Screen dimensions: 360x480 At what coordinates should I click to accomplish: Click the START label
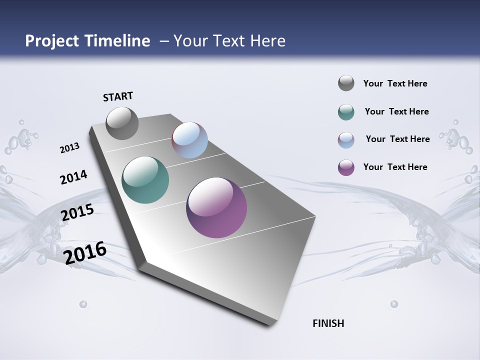pos(118,96)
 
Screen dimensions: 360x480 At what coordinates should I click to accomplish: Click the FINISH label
pos(328,323)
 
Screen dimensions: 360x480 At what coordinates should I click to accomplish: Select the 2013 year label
pos(69,148)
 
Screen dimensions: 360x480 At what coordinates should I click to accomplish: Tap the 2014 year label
pos(73,177)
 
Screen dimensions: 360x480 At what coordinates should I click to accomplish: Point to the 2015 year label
pos(77,212)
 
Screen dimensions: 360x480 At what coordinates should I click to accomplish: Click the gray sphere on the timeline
pos(122,123)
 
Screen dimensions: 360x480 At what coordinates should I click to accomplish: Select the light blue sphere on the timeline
pos(189,140)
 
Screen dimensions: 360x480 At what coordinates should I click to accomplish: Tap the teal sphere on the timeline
pos(145,180)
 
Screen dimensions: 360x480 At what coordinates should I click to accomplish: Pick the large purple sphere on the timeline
pos(216,207)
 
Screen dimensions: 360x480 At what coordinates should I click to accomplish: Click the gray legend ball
pos(346,83)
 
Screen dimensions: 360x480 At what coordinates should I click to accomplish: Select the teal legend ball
pos(346,112)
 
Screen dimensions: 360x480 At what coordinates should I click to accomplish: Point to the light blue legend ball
pos(346,140)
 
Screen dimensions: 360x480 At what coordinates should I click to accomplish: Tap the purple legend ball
pos(346,167)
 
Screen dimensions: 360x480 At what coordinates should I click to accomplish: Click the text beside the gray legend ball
pos(395,83)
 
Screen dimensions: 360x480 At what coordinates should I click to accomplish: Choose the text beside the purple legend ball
pos(395,167)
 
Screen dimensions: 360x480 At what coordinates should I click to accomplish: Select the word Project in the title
pos(51,41)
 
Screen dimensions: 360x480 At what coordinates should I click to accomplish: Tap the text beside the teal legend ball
pos(396,111)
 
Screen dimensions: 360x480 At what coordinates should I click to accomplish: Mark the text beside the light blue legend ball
pos(397,139)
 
